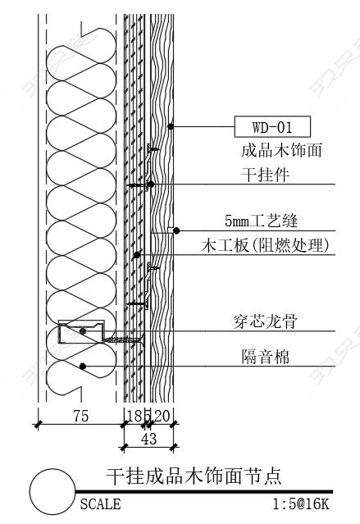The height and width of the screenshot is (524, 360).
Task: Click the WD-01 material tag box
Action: (272, 126)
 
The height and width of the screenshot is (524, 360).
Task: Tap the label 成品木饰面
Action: (281, 150)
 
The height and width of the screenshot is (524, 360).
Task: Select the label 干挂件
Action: (265, 175)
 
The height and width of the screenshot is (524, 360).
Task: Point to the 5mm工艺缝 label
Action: (261, 221)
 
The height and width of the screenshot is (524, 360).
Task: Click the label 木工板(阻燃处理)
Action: (265, 245)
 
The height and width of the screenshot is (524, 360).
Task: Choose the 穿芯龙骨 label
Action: (266, 321)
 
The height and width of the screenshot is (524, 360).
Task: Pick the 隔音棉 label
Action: (265, 356)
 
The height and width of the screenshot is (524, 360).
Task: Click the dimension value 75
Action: (81, 416)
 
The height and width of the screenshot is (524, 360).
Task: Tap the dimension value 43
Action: (148, 439)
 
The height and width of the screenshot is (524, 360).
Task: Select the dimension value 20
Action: (162, 416)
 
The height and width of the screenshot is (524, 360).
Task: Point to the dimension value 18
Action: (134, 416)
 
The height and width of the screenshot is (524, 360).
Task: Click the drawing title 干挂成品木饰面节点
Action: (194, 476)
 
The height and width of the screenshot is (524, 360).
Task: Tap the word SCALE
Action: (100, 504)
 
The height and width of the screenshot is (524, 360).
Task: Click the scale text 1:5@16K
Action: (301, 504)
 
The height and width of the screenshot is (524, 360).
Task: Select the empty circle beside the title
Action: (52, 491)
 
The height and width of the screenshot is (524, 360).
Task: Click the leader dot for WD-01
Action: (171, 126)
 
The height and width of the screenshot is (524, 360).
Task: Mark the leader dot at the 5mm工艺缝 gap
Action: (176, 230)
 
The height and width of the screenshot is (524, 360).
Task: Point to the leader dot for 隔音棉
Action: (83, 367)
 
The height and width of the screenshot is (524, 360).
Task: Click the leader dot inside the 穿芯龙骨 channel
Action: (83, 331)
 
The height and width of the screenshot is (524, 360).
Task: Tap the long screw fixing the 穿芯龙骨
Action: (124, 340)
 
